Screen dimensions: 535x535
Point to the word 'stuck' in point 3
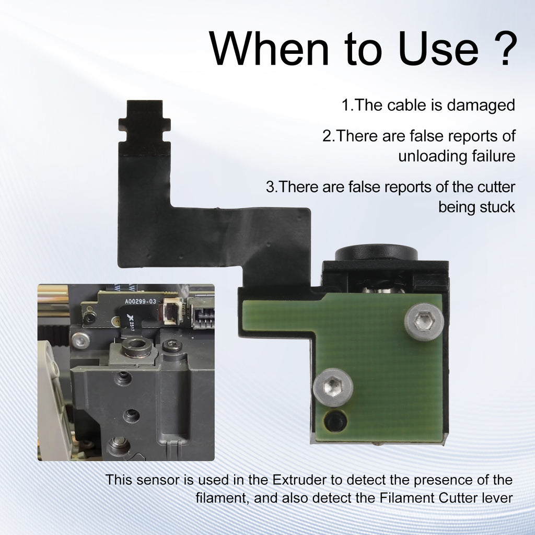[495, 207]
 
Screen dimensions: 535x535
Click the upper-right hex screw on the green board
[424, 322]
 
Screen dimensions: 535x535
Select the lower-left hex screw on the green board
[333, 387]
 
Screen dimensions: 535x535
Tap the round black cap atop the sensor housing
[376, 253]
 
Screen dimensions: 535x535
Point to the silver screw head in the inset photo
[80, 341]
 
